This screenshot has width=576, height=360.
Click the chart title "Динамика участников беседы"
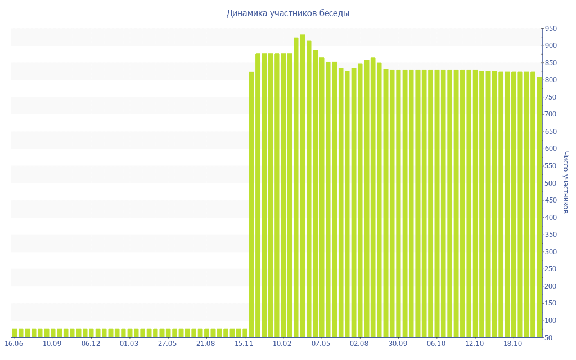coord(287,13)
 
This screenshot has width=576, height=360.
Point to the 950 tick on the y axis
coord(550,29)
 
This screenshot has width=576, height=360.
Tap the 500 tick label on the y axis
coord(550,183)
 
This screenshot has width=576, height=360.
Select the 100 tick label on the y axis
coord(550,321)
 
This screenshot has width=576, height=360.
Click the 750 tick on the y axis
coord(550,97)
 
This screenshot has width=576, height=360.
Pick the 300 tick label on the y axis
coord(550,252)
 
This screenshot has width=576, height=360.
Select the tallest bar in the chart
coord(303,186)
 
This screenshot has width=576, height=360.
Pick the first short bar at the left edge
coord(15,333)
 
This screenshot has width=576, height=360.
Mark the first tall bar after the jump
coord(251,205)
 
